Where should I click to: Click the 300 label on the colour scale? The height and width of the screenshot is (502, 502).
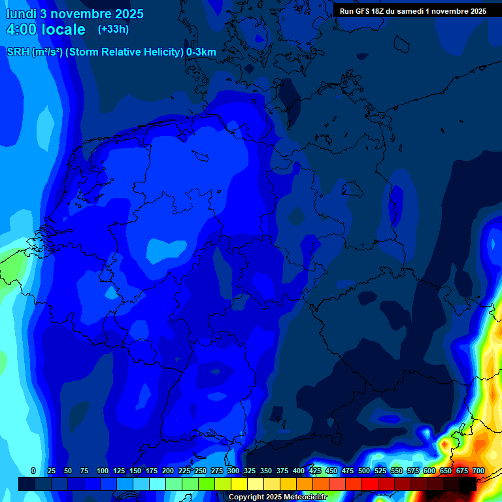click(233, 471)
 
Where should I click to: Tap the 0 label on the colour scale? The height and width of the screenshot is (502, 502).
click(33, 471)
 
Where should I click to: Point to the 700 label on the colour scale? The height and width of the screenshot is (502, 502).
click(478, 471)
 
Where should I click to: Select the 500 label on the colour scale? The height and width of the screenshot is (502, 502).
click(364, 471)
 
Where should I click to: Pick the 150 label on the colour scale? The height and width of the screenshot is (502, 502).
click(135, 471)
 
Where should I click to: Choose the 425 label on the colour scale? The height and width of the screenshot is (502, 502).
click(315, 471)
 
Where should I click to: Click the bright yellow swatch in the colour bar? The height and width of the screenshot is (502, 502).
click(239, 484)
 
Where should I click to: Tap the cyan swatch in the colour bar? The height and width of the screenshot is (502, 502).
click(158, 484)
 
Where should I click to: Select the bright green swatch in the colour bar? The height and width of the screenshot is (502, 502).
click(207, 484)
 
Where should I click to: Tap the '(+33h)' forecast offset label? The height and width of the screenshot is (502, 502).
click(113, 29)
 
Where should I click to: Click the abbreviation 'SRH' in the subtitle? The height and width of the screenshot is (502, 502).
click(18, 52)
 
